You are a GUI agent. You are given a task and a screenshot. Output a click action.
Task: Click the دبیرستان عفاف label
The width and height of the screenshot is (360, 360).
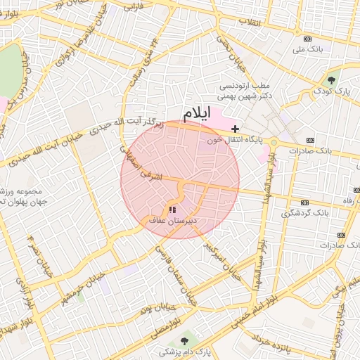coord(173,220)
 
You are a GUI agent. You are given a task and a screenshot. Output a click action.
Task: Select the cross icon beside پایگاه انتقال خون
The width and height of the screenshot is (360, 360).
coord(235,129)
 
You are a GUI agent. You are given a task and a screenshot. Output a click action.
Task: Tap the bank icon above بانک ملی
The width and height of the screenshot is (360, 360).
coord(307,39)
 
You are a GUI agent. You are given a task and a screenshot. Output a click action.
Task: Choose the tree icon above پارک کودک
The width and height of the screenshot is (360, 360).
coord(331,79)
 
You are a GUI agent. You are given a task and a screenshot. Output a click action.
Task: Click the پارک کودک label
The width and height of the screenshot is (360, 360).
coord(330,91)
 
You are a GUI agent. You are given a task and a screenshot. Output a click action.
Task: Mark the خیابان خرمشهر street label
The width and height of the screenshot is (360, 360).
coord(82,281)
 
